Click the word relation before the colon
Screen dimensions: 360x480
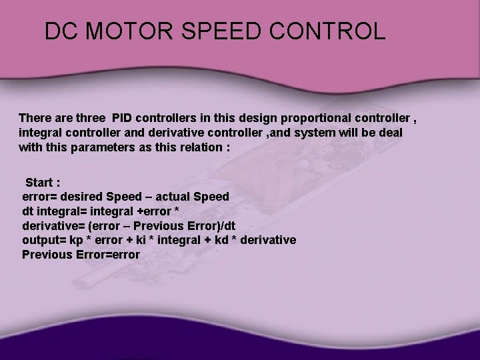[200, 147]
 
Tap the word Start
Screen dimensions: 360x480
[42, 182]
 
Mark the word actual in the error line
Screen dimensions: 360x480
[171, 197]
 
